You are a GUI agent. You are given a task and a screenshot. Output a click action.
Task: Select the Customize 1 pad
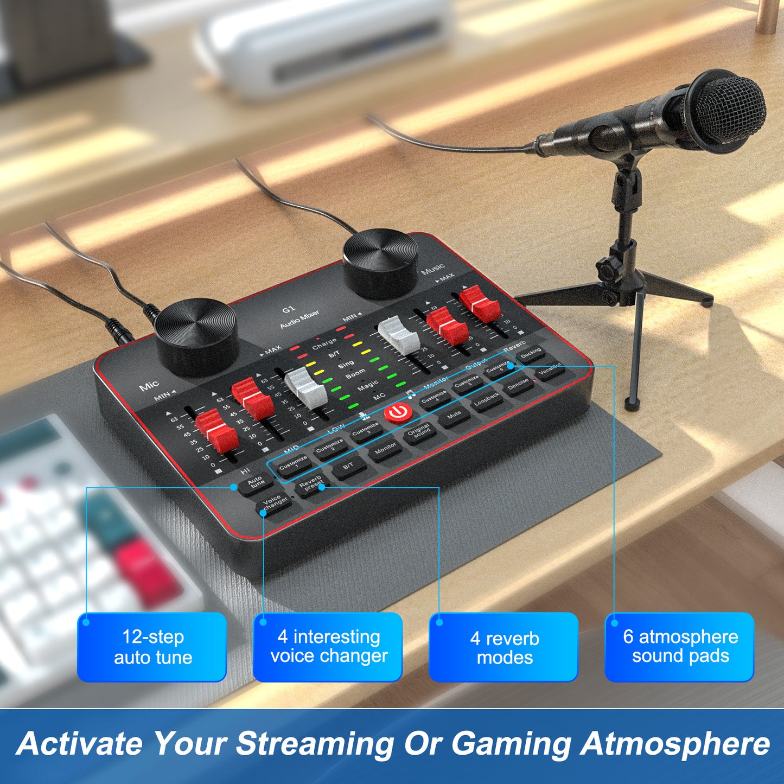pyautogui.click(x=294, y=464)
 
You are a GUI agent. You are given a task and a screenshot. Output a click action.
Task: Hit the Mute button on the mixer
pyautogui.click(x=454, y=416)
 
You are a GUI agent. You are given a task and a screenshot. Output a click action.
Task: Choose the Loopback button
pyautogui.click(x=486, y=399)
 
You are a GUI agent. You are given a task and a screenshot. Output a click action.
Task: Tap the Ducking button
pyautogui.click(x=531, y=354)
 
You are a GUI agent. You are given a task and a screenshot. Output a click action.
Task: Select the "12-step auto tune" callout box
pyautogui.click(x=152, y=647)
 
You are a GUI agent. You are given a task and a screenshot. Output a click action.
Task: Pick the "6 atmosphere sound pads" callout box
pyautogui.click(x=679, y=647)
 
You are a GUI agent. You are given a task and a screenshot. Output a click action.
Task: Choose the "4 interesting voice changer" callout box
pyautogui.click(x=328, y=647)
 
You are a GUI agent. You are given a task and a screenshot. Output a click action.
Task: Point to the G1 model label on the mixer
pyautogui.click(x=288, y=310)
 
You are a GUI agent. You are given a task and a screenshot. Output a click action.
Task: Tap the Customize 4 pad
pyautogui.click(x=434, y=398)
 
